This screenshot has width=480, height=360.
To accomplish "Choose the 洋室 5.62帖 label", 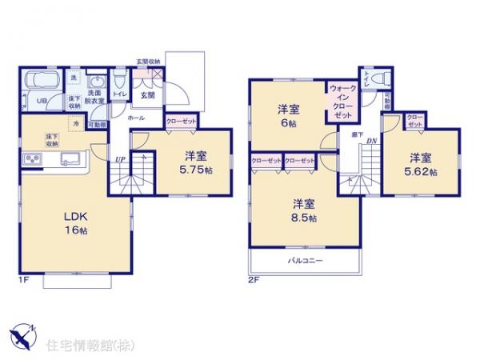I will [421, 164].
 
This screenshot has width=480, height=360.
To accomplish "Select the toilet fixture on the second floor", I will [380, 78].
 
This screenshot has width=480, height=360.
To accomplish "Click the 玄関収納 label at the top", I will [148, 62].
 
